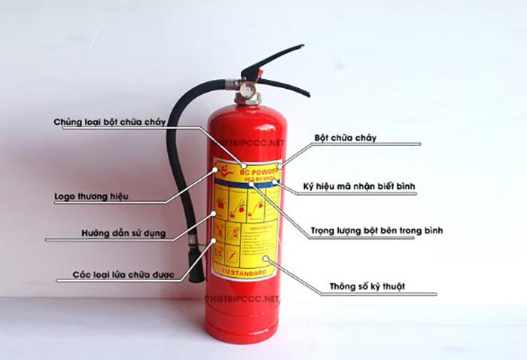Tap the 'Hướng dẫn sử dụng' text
[x=123, y=233]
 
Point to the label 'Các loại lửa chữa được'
[x=123, y=275]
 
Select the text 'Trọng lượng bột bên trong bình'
[x=376, y=230]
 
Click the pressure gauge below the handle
[x=247, y=90]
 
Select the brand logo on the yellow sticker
[x=224, y=169]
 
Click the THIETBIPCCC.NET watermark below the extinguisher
[x=242, y=299]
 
